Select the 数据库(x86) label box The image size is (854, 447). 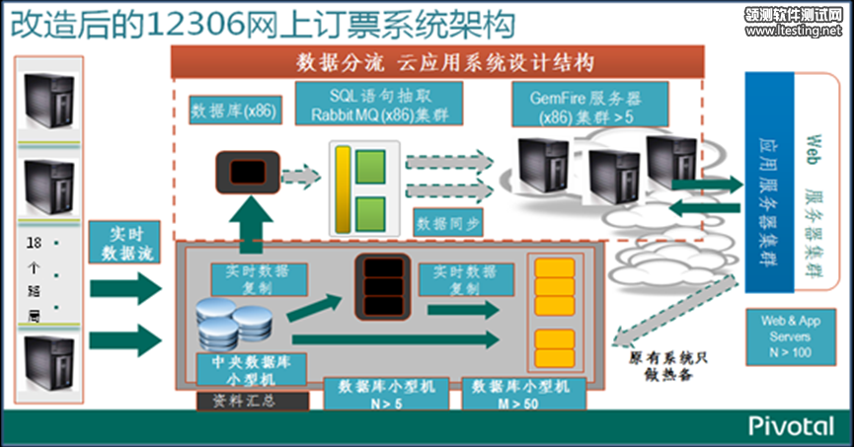coord(234,110)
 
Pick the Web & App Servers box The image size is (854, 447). coord(791,337)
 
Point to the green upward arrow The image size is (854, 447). coord(256,222)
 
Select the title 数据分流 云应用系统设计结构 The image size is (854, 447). coord(444,63)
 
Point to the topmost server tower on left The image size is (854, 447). coord(49,99)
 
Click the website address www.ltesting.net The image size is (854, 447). coord(795,31)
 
